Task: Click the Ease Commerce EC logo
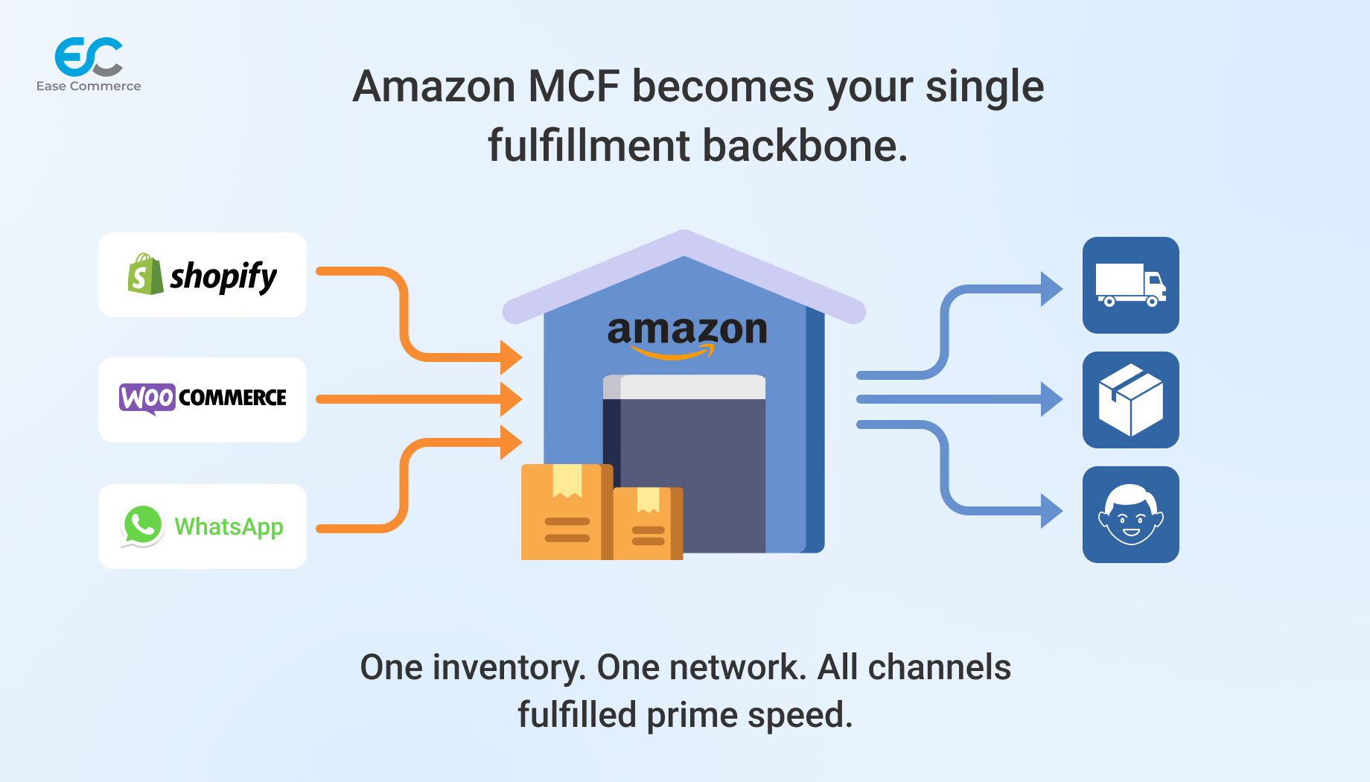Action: [89, 57]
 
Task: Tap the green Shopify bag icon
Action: [145, 275]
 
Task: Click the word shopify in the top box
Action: [223, 277]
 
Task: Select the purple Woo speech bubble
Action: [147, 398]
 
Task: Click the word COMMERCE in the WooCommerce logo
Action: [232, 398]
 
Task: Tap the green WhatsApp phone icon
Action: [142, 526]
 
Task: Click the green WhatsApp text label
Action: [229, 527]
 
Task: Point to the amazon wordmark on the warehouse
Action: [686, 331]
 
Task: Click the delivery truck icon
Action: [1130, 285]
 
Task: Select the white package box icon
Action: [1130, 400]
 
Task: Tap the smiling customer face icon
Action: [1130, 515]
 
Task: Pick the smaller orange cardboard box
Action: [646, 524]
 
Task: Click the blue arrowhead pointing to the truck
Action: [1051, 289]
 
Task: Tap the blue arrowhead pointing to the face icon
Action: [1051, 511]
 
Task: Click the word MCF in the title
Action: [573, 86]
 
